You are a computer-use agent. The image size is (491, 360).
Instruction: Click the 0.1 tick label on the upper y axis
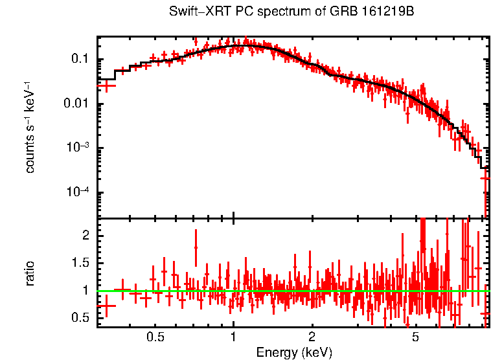click(x=79, y=60)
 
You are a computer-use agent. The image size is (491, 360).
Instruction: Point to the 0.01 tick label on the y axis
click(x=76, y=104)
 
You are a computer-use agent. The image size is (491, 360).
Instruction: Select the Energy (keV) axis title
click(x=294, y=352)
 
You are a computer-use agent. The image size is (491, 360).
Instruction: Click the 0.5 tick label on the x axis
click(x=155, y=337)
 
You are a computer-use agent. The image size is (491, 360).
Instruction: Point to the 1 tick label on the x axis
click(x=233, y=337)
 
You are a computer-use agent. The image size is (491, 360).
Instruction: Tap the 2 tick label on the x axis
click(x=312, y=337)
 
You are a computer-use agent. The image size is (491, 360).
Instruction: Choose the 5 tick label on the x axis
click(x=415, y=337)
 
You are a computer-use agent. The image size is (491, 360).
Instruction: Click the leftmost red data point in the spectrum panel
click(x=106, y=85)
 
